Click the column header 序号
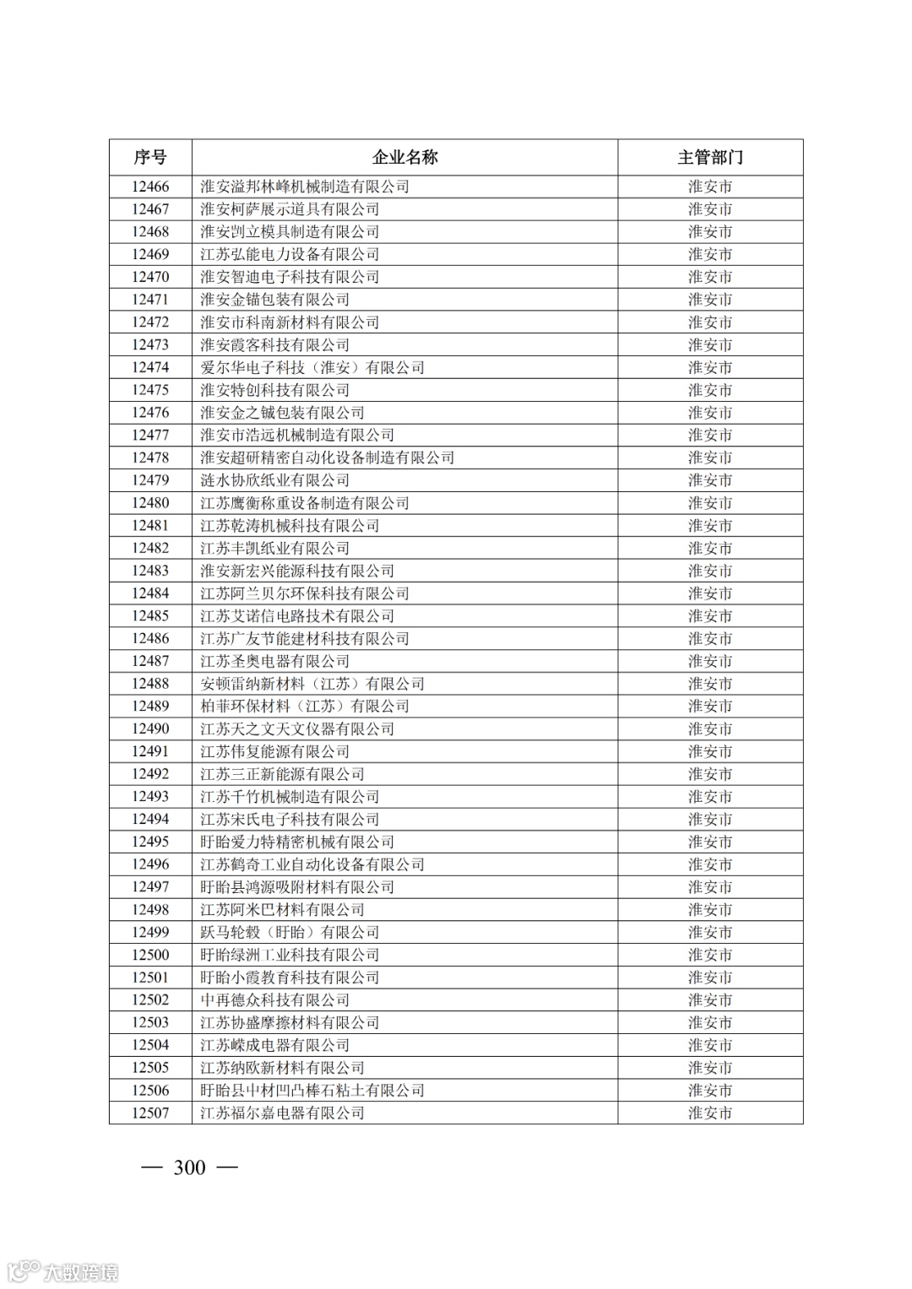(x=150, y=157)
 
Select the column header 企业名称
(x=405, y=157)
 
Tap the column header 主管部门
(x=710, y=157)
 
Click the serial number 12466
(x=150, y=187)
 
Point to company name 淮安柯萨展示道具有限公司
(x=290, y=209)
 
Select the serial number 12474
(x=150, y=367)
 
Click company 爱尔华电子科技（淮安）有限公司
(x=312, y=367)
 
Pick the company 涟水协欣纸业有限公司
(x=274, y=480)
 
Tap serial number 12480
(x=150, y=503)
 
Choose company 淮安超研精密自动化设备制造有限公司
(x=328, y=458)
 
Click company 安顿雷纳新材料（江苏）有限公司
(x=312, y=684)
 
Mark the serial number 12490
(x=150, y=728)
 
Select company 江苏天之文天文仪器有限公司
(x=297, y=728)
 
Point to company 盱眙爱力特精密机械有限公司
(x=297, y=842)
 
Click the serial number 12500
(x=150, y=955)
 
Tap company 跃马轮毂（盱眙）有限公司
(x=290, y=932)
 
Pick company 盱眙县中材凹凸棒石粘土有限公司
(x=312, y=1091)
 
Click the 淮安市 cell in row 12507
(x=710, y=1113)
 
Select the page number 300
(x=189, y=1167)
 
